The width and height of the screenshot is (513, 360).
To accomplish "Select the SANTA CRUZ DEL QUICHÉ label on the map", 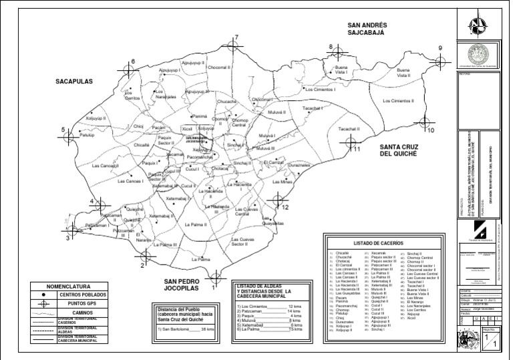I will (x=398, y=150).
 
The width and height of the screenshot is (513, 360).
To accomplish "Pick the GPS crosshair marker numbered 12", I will (x=277, y=199).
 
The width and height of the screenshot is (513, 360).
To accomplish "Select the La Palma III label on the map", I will (x=164, y=245).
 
